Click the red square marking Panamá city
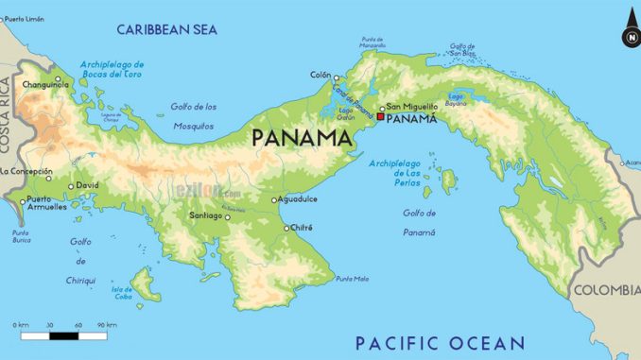click(380, 117)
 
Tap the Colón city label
click(320, 75)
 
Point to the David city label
click(88, 185)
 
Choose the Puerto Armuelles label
click(46, 203)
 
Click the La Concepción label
click(26, 171)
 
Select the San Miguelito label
click(412, 107)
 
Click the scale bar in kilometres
click(64, 334)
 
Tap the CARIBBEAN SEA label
click(166, 29)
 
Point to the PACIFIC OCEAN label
click(439, 342)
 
